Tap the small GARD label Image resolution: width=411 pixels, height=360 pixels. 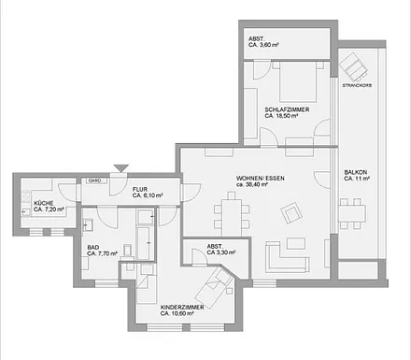[94, 180]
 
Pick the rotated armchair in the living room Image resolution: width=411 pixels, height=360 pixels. [292, 215]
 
